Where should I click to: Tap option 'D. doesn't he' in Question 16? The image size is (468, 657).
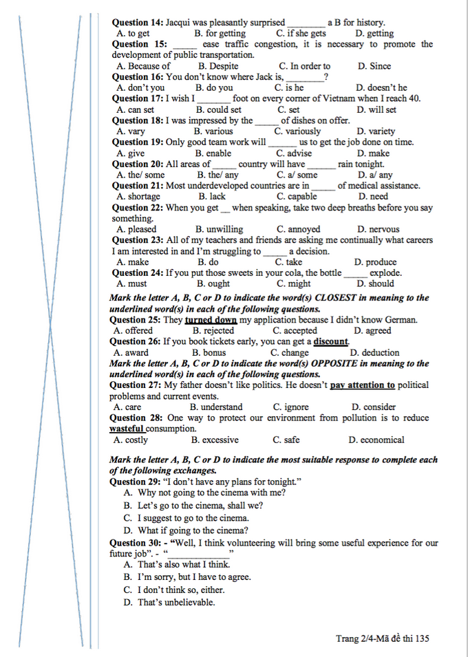381,87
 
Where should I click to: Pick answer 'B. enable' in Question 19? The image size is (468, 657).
213,153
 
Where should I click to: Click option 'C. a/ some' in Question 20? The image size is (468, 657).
297,175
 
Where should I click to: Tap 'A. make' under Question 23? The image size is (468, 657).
133,262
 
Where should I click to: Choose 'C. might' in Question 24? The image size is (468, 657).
294,283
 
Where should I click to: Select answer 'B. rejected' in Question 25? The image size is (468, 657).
213,331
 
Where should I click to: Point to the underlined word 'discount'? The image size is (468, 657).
331,342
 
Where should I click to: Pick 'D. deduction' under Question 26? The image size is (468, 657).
374,353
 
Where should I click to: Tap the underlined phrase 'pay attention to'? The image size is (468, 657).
363,385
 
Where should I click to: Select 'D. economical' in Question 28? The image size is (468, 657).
376,440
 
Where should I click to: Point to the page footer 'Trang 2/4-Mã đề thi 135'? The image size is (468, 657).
383,638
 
